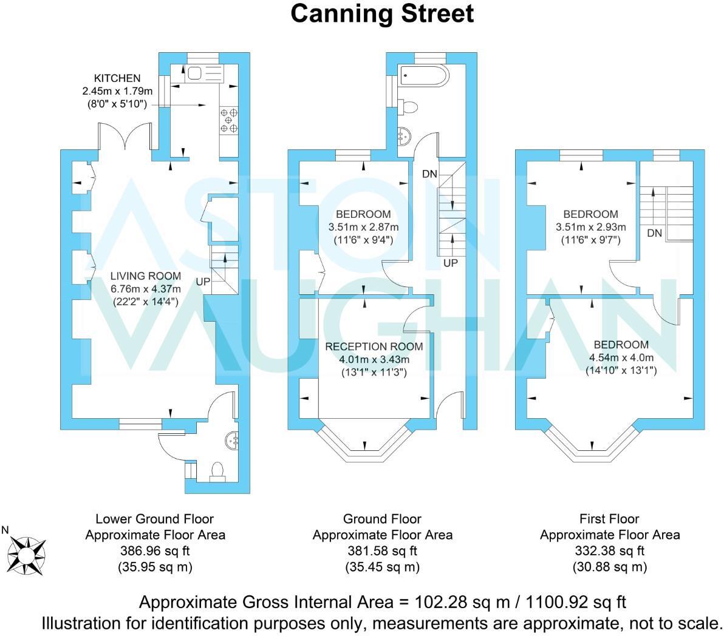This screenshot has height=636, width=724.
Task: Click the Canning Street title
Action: (x=381, y=13)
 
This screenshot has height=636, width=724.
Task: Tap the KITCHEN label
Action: (x=117, y=78)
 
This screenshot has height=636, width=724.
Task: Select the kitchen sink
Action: (x=196, y=74)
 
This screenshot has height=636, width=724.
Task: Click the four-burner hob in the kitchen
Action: (x=229, y=120)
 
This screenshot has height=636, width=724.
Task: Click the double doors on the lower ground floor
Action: (x=125, y=136)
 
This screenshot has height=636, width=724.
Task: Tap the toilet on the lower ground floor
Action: (x=217, y=471)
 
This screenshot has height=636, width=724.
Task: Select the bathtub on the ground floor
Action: (x=425, y=76)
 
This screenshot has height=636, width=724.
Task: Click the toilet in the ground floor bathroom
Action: (x=410, y=107)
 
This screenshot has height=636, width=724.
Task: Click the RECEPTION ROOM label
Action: (x=374, y=347)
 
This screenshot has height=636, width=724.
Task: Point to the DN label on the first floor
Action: (x=654, y=233)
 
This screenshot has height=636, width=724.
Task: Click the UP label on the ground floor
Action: (x=451, y=263)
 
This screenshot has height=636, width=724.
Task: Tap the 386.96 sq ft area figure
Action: (x=155, y=551)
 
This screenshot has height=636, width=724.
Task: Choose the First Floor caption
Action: (x=609, y=519)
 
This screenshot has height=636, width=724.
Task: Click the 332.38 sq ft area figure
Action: (x=609, y=551)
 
